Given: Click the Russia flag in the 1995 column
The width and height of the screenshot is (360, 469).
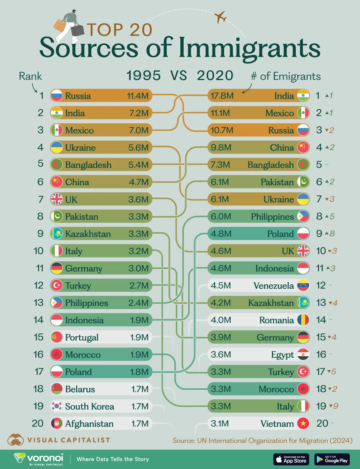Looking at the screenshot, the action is coord(57,95).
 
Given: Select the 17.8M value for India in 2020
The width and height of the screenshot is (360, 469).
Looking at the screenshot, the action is coord(222,95).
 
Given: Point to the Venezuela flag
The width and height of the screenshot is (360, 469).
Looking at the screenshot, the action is coord(303,285).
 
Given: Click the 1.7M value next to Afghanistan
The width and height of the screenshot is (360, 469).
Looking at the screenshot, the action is coord(140,423).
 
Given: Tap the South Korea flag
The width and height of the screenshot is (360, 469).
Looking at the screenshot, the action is coord(57,406).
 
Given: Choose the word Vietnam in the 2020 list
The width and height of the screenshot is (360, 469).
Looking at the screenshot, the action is coord(277,423).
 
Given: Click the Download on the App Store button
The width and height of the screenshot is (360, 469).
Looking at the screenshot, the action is coord(291,459).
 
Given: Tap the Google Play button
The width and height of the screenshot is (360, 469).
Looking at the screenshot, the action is coord(332,459).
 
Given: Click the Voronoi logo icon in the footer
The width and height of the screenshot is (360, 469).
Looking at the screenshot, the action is coord(19,458).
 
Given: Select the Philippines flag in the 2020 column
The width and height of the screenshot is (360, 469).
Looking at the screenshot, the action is coord(303,216).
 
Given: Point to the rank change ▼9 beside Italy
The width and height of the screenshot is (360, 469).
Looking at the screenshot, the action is coord(334,406).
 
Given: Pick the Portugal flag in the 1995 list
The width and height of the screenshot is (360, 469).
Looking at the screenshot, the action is coord(57,337).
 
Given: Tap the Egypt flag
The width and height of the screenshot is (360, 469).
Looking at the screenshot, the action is coord(303,354).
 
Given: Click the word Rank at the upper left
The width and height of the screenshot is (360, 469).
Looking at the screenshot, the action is coord(30,76).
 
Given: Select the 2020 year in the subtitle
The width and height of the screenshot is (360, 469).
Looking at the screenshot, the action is coord(215,75).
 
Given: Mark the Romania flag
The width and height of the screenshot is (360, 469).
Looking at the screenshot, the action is coord(303,320).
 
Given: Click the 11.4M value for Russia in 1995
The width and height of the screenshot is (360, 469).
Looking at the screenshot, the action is coord(138,95).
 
